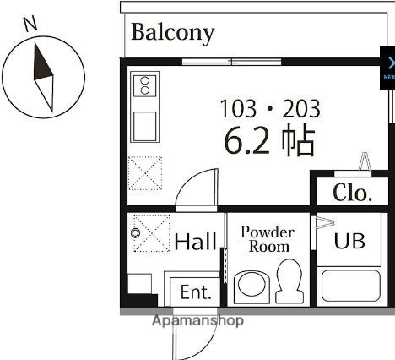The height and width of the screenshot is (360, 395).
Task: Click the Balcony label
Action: point(172,33)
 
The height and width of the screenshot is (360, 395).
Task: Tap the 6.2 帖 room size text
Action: point(268,141)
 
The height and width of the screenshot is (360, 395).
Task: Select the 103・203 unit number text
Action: point(269,108)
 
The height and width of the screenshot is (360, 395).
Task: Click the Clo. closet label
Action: point(352,193)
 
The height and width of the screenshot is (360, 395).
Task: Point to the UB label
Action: point(349,240)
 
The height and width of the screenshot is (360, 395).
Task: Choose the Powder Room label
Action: point(267,239)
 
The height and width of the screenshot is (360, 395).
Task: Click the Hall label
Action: point(195,243)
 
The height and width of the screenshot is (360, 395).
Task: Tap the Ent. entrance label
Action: point(195,292)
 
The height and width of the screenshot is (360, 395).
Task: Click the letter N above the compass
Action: point(31,23)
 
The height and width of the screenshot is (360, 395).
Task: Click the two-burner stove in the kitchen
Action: point(144,85)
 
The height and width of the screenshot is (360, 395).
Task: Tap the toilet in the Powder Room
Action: point(289,280)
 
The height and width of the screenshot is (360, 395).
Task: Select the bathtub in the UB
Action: point(349,285)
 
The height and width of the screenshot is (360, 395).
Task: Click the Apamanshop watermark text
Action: point(197,321)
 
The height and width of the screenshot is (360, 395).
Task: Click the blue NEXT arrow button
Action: point(388,68)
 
